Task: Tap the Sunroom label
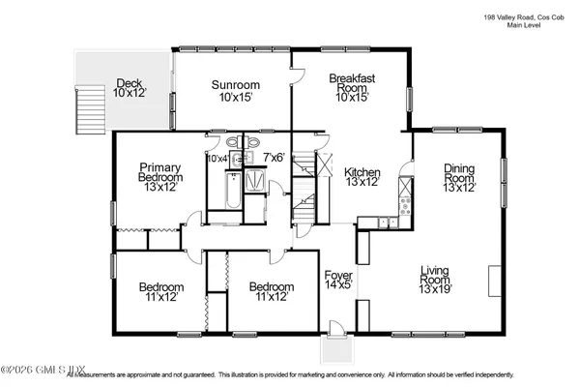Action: (235, 91)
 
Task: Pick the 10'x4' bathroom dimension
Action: (217, 158)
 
